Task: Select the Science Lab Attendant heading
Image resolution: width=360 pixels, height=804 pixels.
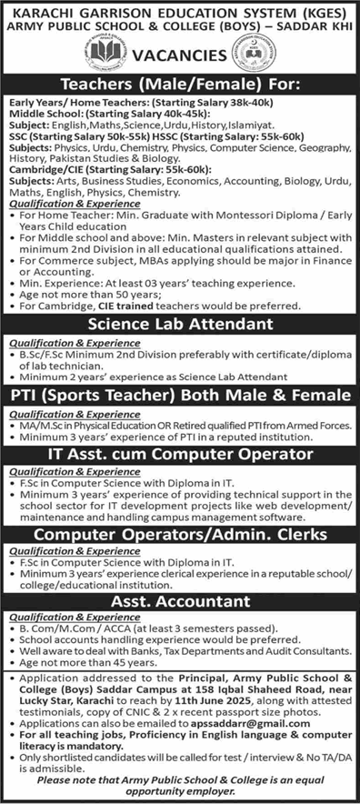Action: click(x=180, y=325)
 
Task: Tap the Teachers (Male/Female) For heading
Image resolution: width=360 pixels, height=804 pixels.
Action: click(x=180, y=87)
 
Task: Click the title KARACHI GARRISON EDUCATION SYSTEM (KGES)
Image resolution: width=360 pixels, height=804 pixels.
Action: click(x=180, y=11)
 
